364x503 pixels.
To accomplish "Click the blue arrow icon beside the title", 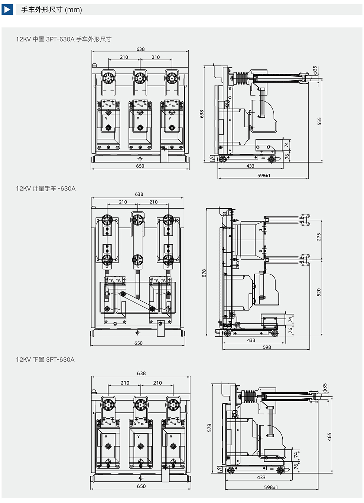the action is (7, 10).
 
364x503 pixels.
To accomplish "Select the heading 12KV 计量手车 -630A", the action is (46, 189).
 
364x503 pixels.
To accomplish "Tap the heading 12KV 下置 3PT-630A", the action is (45, 359).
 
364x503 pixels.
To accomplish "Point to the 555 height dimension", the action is (319, 121).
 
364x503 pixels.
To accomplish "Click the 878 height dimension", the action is (204, 273).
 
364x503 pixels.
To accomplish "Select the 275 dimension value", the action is (319, 237).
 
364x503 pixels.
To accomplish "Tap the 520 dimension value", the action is (319, 293).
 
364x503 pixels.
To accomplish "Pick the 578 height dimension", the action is (209, 428).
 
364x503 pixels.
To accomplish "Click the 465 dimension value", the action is (329, 437).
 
